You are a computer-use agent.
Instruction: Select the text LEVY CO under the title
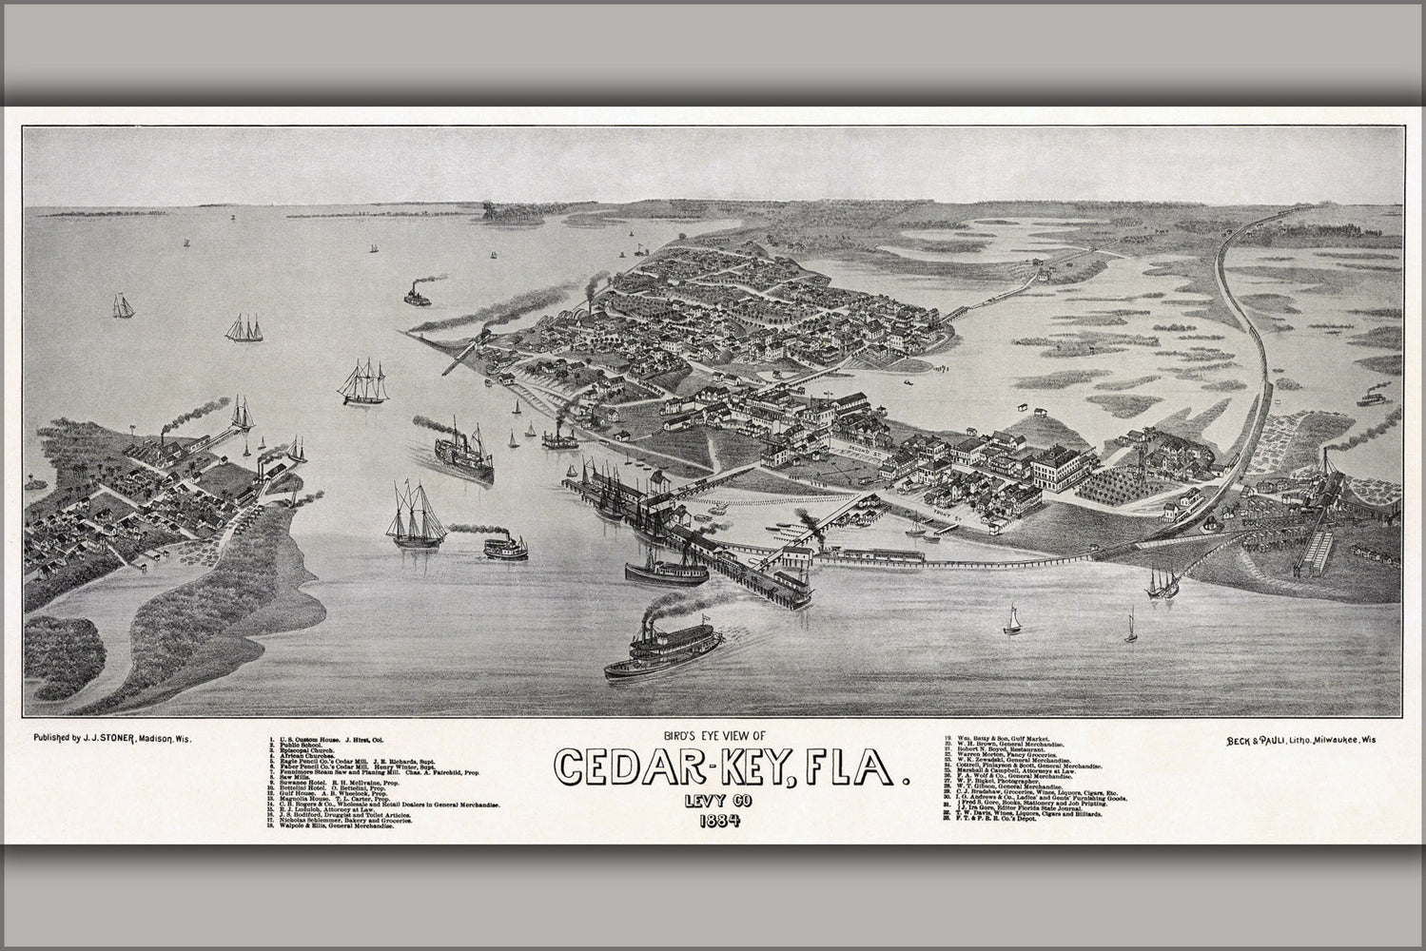click(x=712, y=799)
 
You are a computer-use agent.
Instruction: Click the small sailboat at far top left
click(x=123, y=305)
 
